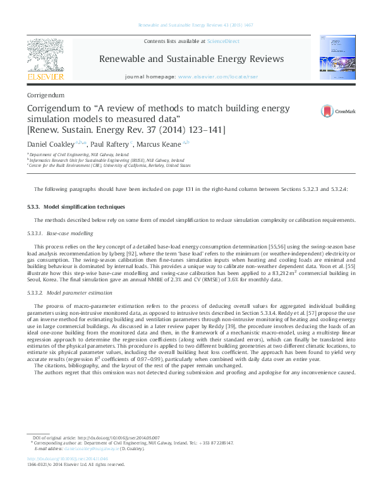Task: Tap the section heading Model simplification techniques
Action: pyautogui.click(x=84, y=207)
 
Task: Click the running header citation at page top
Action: pyautogui.click(x=188, y=25)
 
